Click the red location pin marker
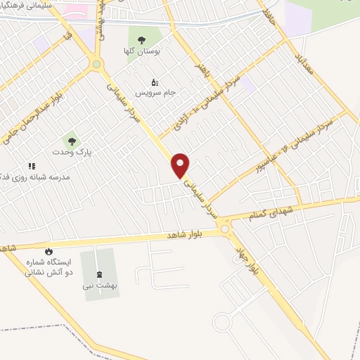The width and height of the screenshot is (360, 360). point(181,165)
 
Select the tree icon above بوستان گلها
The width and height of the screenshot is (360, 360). point(141,41)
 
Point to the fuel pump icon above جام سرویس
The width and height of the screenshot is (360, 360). point(155,82)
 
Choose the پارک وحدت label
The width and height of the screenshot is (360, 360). point(72,151)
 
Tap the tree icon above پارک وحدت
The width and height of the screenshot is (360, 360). point(70,141)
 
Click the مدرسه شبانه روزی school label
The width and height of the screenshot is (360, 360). point(45,176)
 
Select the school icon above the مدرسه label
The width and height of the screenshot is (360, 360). point(31,166)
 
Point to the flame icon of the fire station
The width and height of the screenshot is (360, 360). point(49,251)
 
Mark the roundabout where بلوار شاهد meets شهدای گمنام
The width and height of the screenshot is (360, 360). point(224,227)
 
